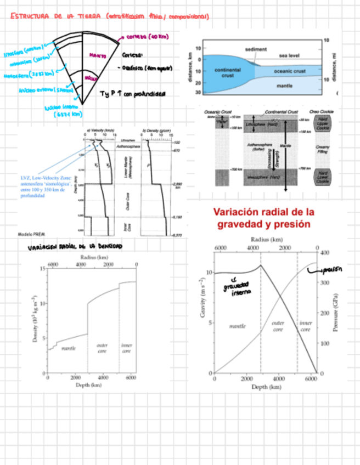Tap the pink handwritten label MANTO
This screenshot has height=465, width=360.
click(x=98, y=55)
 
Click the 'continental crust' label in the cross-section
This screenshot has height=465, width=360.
click(x=223, y=73)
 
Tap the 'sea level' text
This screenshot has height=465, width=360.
click(x=291, y=55)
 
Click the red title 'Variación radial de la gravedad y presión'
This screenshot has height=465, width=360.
click(x=263, y=218)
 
